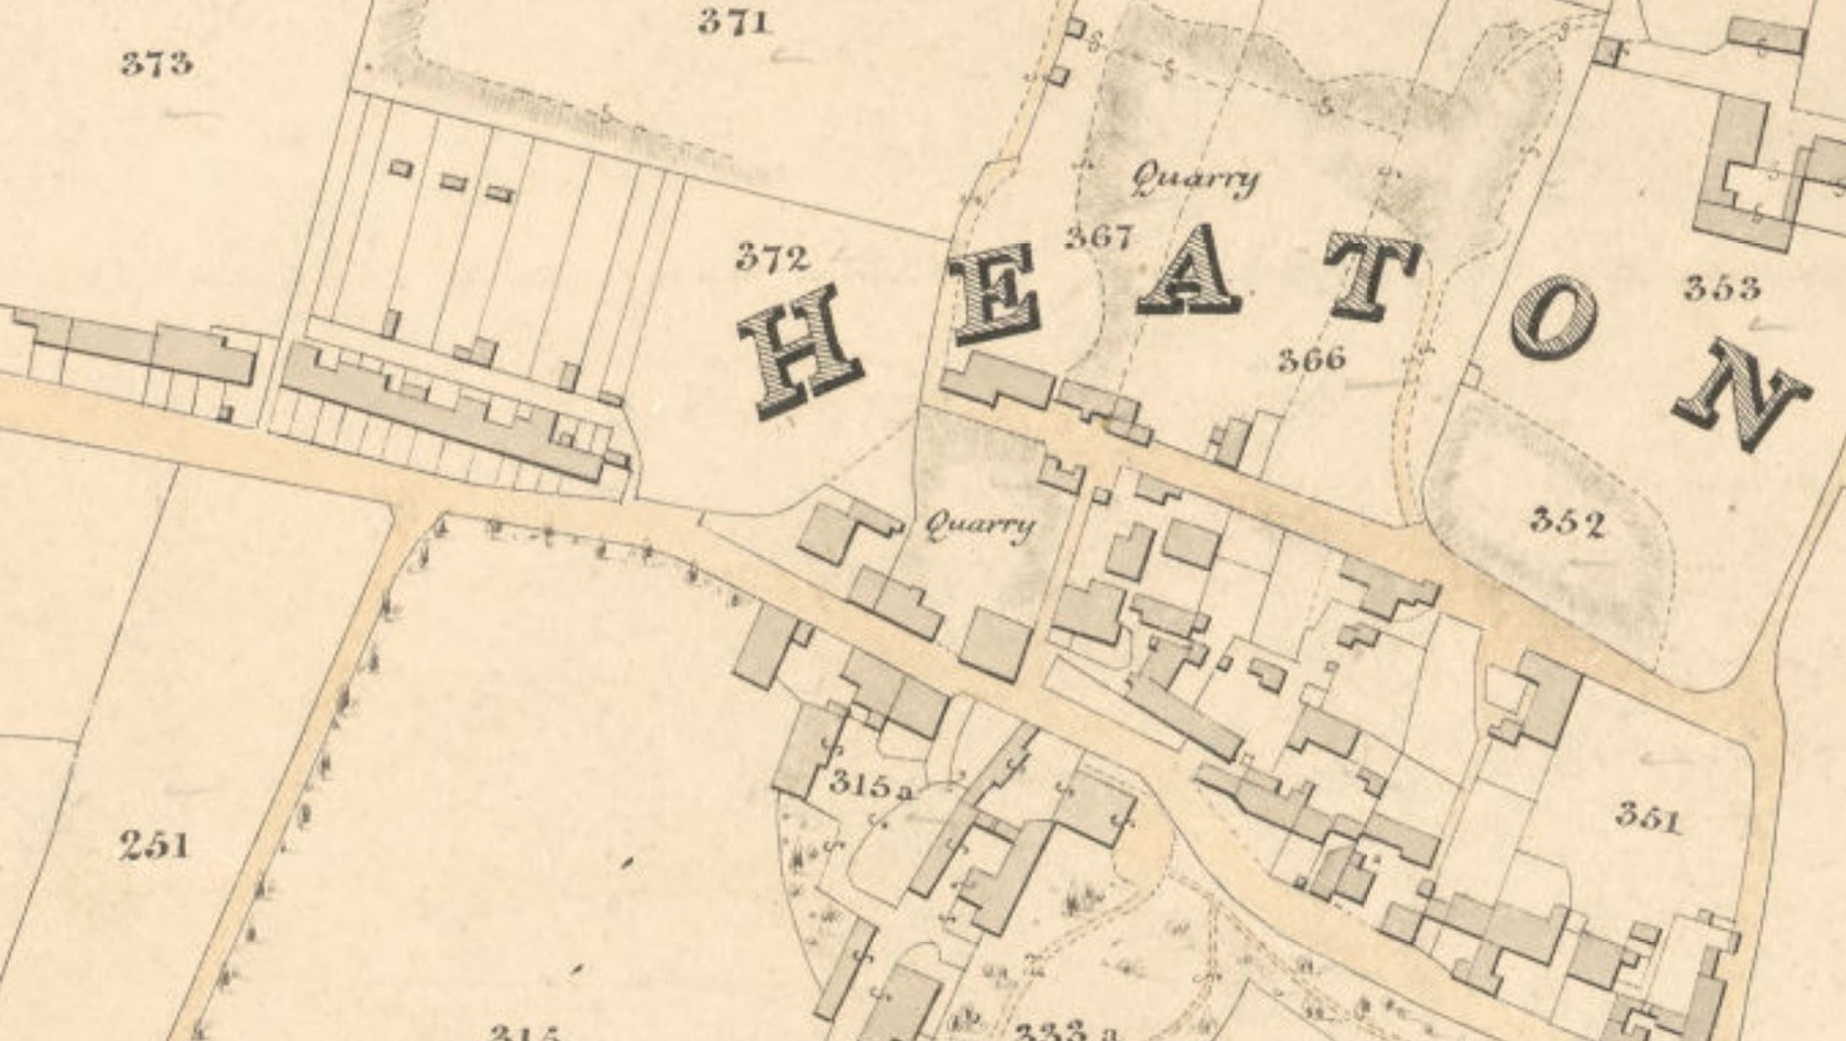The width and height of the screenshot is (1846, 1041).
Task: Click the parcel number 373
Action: (156, 64)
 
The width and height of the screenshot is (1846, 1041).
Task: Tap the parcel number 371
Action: (733, 22)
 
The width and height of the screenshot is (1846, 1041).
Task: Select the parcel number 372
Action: (772, 258)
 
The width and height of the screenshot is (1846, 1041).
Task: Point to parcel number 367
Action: (1099, 237)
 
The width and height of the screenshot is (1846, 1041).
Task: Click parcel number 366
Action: (1312, 358)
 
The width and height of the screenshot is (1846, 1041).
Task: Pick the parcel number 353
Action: (1722, 288)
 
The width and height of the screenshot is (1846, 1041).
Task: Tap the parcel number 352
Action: (1566, 520)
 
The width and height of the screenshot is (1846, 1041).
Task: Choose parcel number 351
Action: (1648, 817)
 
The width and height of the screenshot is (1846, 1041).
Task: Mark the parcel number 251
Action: (154, 846)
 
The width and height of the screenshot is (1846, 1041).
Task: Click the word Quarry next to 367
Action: (1195, 179)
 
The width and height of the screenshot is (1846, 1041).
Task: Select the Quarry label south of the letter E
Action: (979, 525)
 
